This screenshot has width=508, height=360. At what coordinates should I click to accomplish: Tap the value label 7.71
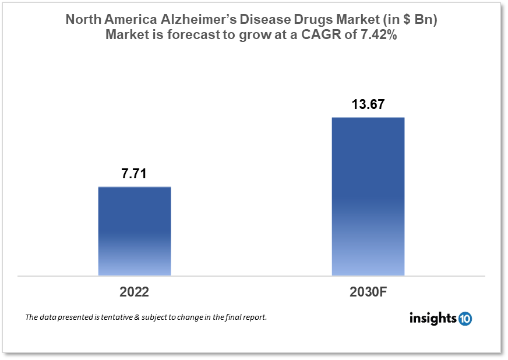coord(135,173)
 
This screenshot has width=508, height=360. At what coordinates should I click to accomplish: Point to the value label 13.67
coord(368,105)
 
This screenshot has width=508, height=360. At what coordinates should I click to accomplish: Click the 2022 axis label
coord(135,292)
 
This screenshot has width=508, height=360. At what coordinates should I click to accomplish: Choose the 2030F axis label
coord(368,292)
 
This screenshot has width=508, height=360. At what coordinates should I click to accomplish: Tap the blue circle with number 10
coord(465,319)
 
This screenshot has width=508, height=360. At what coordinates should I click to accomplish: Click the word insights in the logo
coord(433,319)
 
